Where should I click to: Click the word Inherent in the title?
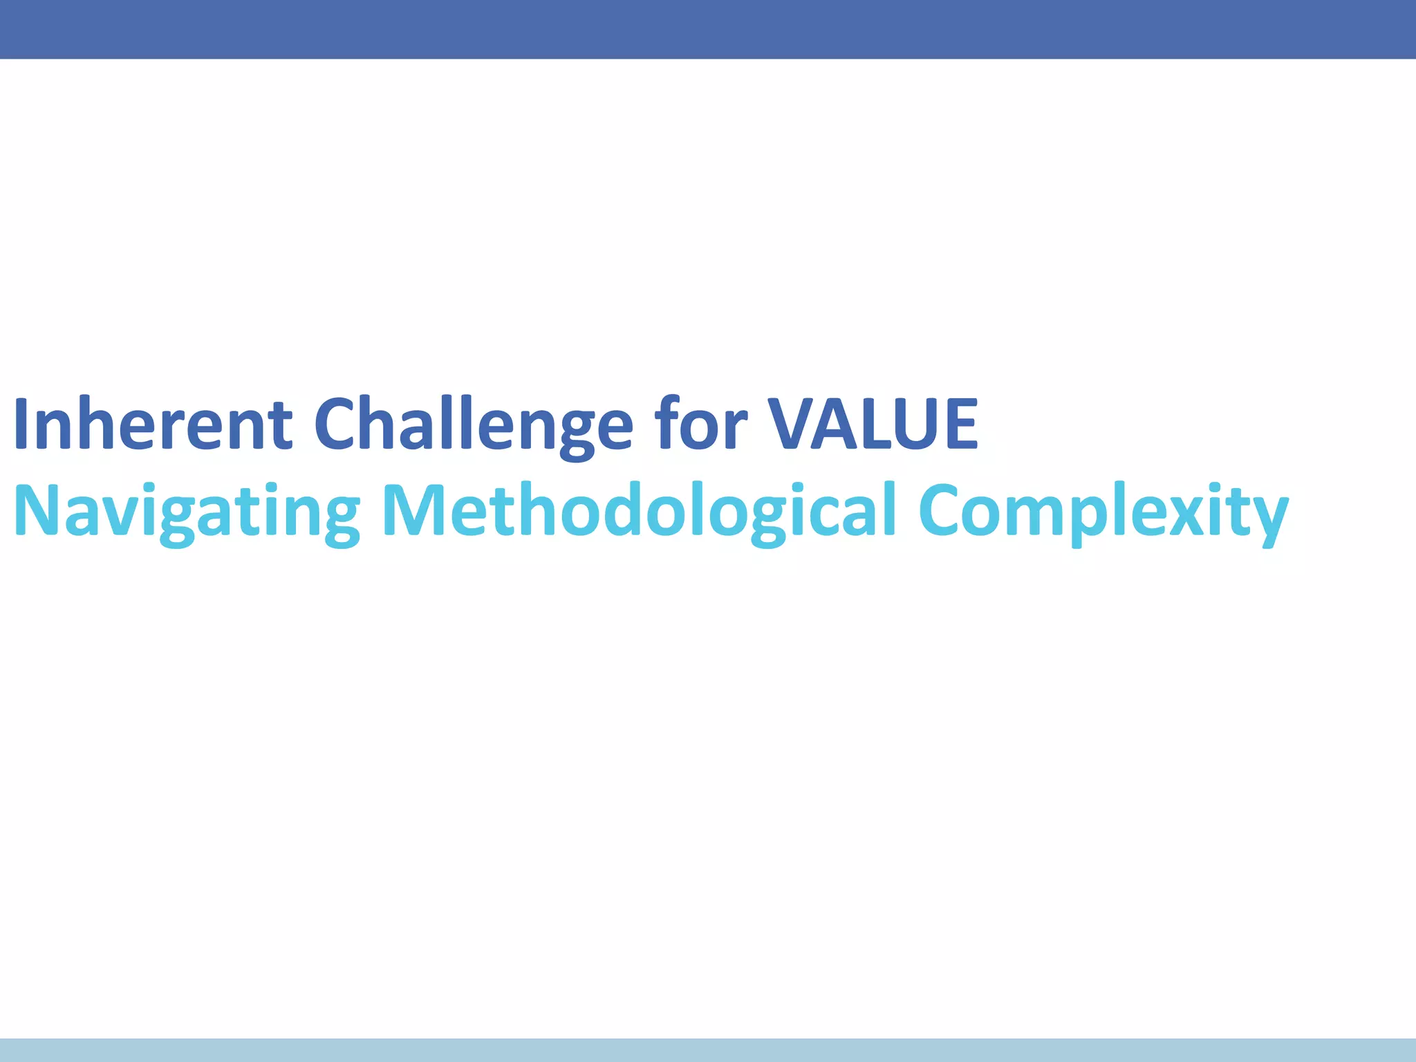coord(152,423)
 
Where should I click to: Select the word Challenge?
coord(474,423)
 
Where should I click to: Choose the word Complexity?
coord(1103,512)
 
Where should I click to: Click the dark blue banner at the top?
coord(708,29)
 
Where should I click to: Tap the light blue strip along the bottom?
coord(708,1050)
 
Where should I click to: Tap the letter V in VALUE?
coord(795,423)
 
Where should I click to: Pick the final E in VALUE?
coord(960,423)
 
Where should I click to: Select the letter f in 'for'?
coord(669,423)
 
